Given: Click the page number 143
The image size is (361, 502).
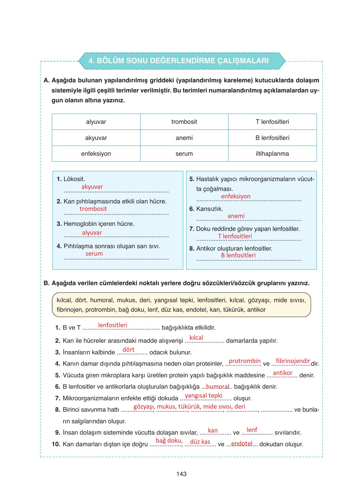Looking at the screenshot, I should click(x=181, y=474).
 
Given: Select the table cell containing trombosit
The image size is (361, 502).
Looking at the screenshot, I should click(x=184, y=122).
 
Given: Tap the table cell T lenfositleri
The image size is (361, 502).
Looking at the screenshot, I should click(x=272, y=122).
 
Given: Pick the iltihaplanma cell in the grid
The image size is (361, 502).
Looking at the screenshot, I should click(x=272, y=154).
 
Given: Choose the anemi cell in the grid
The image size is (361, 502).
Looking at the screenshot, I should click(x=184, y=138).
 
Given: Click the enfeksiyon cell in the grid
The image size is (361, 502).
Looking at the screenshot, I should click(x=96, y=154).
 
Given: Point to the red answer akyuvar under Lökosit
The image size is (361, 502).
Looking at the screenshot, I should click(x=92, y=187).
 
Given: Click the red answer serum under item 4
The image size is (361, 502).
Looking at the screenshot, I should click(x=94, y=254).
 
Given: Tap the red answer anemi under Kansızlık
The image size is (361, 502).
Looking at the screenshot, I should click(x=236, y=216).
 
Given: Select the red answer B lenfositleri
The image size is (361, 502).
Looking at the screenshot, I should click(x=238, y=255).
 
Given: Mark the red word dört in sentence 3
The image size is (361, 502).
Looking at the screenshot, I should click(x=129, y=350).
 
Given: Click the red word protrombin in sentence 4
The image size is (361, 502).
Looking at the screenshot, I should click(x=245, y=361).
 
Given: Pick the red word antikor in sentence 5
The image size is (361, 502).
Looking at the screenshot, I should click(x=283, y=373).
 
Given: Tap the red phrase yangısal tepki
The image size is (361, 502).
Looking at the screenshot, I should click(x=203, y=396).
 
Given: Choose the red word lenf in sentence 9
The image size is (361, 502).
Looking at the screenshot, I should click(x=252, y=430).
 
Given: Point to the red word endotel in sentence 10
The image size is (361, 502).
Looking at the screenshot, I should click(x=242, y=444).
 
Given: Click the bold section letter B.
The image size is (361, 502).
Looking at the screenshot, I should click(x=46, y=283).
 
